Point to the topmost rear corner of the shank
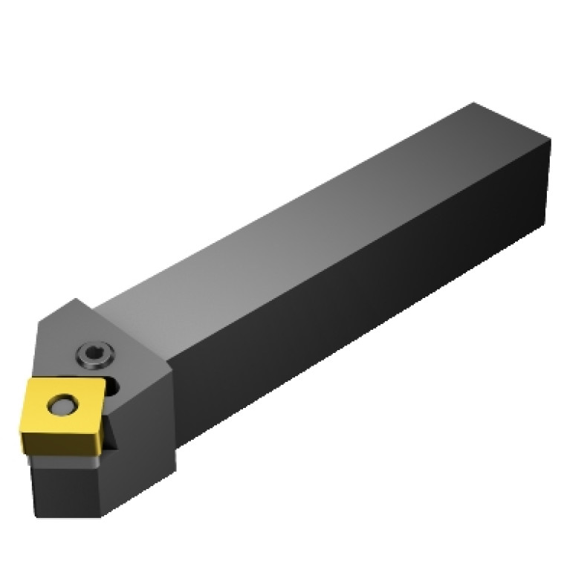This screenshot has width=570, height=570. (474, 103)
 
